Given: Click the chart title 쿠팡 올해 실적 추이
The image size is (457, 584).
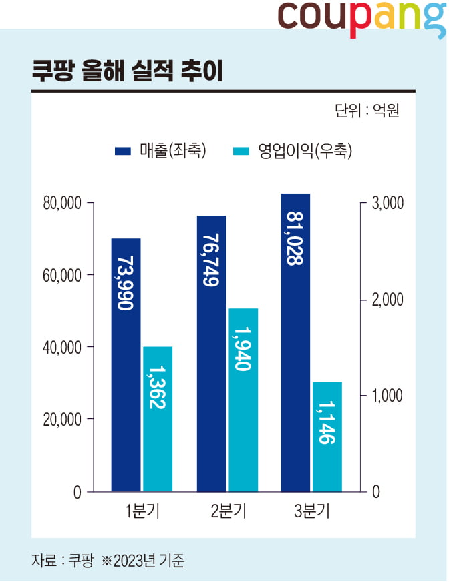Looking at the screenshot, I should click(x=126, y=71).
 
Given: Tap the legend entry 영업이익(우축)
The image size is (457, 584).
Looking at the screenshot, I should click(x=295, y=151).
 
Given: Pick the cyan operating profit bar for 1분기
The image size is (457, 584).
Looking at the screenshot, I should click(x=157, y=419).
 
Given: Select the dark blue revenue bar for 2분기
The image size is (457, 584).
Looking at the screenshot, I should click(x=211, y=354).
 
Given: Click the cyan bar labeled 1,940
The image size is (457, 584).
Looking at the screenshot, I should click(x=243, y=400).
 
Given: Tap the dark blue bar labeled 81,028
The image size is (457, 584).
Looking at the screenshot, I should click(x=295, y=342).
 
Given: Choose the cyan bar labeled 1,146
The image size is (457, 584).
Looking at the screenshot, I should click(x=327, y=437).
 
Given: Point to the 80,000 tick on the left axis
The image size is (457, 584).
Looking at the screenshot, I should click(x=62, y=203).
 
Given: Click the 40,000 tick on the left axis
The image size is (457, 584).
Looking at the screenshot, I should click(x=62, y=348).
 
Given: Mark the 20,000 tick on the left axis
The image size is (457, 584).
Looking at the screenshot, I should click(x=62, y=420).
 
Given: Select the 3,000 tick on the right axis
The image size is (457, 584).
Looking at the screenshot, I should click(x=387, y=203).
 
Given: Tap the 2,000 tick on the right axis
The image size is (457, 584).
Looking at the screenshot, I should click(x=387, y=300).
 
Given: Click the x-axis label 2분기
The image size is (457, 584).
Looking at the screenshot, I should click(x=228, y=513).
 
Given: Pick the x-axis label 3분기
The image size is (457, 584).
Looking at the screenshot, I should click(x=312, y=513).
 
